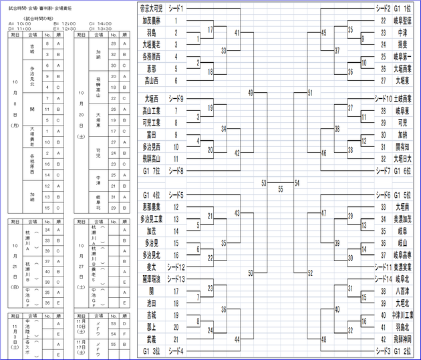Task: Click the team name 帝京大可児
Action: click(151, 8)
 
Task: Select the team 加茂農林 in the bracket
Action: click(151, 21)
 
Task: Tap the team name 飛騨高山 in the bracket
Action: click(151, 159)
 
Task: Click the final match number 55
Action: click(281, 189)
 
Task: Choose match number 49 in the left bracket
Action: click(250, 92)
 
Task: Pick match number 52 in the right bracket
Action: click(310, 273)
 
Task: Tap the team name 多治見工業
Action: click(151, 219)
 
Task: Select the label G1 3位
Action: click(151, 351)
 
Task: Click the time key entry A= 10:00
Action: click(20, 23)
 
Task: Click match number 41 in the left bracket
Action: click(238, 32)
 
